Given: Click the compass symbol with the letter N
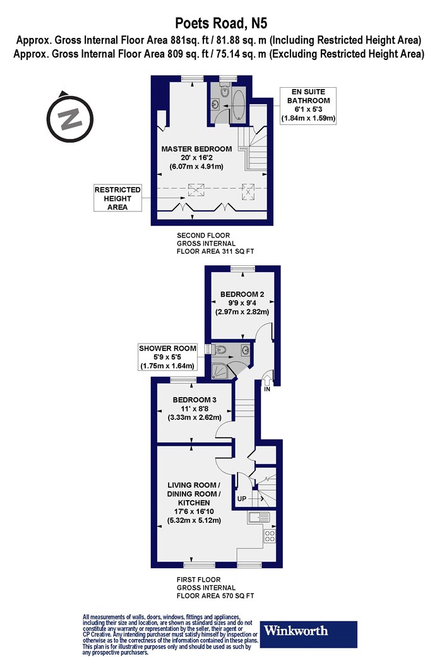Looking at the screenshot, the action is (x=69, y=117).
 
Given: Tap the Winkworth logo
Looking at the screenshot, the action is (x=309, y=634).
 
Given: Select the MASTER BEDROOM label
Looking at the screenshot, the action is (x=196, y=149).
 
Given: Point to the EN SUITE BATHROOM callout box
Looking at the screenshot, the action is (x=308, y=105).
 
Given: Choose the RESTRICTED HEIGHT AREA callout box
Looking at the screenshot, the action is (x=117, y=198).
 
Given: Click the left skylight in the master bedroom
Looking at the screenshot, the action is (x=196, y=190).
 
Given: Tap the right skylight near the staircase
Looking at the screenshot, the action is (x=248, y=191).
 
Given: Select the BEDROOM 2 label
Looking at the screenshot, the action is (x=242, y=294).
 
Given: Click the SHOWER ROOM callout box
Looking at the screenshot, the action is (x=168, y=357).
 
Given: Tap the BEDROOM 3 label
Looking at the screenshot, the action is (x=194, y=400).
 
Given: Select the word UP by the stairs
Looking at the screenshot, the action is (x=241, y=499).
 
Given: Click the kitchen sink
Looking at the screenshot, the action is (x=259, y=517).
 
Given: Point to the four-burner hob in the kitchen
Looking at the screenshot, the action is (x=270, y=537).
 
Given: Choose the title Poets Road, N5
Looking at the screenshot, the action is (x=221, y=23).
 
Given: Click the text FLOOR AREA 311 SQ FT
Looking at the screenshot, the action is (x=215, y=251).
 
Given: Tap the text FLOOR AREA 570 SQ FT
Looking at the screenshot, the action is (x=215, y=596).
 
